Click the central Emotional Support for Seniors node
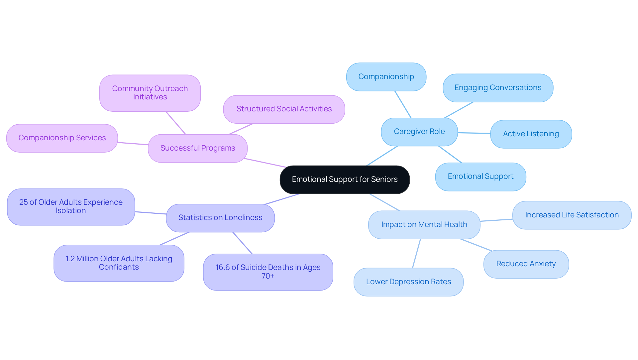(x=345, y=180)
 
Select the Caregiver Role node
(x=419, y=132)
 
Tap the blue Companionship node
(x=386, y=77)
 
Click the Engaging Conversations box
(x=498, y=88)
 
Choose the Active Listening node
(x=531, y=134)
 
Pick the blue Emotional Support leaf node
(x=480, y=177)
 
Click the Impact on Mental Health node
(x=424, y=225)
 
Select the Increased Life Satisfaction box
(x=572, y=215)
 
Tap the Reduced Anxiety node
(x=526, y=264)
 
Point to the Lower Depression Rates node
(x=408, y=282)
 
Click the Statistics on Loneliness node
(x=220, y=218)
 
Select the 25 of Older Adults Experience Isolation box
(x=71, y=207)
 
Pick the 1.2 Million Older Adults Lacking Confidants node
(x=119, y=263)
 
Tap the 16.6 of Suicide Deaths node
(x=268, y=272)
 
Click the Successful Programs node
(x=197, y=148)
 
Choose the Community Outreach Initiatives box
(x=150, y=93)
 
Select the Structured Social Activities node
(x=284, y=109)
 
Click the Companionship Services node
(x=62, y=138)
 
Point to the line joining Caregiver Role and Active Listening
(x=474, y=133)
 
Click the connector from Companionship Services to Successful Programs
(x=133, y=144)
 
